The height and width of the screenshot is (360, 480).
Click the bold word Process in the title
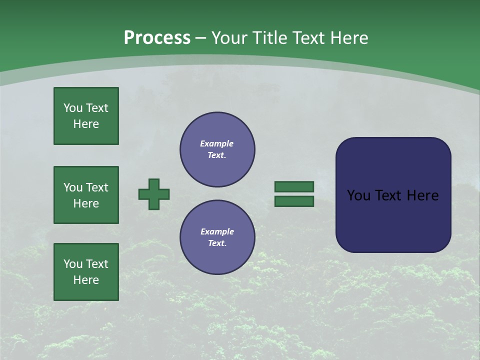click(x=157, y=37)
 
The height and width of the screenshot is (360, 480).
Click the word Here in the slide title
click(x=348, y=37)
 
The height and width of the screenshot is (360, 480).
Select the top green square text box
click(x=86, y=116)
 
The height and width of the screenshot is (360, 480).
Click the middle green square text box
click(x=86, y=195)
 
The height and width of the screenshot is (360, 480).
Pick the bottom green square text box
click(x=86, y=272)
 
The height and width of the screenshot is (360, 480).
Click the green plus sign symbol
click(x=154, y=194)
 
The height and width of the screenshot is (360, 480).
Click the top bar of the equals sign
click(x=294, y=186)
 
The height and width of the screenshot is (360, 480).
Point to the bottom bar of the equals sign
click(x=294, y=201)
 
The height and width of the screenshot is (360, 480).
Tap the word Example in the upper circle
click(x=217, y=143)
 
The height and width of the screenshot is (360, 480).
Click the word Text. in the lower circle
click(x=217, y=243)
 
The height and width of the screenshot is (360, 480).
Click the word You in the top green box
click(x=72, y=108)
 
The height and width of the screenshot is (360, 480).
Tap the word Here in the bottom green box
click(x=86, y=280)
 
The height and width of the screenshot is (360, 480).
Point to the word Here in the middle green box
click(x=86, y=203)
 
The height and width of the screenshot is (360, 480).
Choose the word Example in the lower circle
click(x=217, y=231)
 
